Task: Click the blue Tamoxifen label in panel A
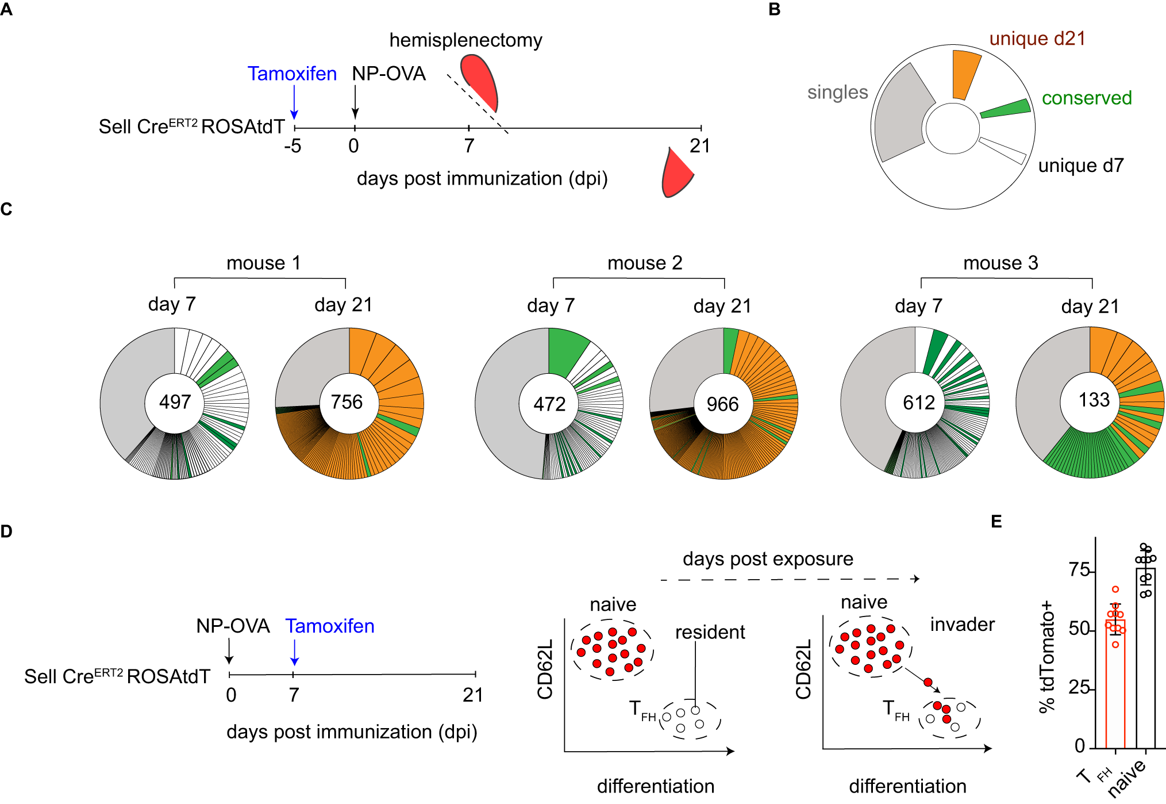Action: pyautogui.click(x=292, y=74)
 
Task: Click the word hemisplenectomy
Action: pyautogui.click(x=465, y=40)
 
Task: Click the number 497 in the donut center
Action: pyautogui.click(x=175, y=401)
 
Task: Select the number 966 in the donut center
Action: pyautogui.click(x=722, y=404)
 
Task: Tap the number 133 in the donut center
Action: pyautogui.click(x=1094, y=400)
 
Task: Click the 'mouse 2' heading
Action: pyautogui.click(x=645, y=263)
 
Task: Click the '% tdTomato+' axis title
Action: pyautogui.click(x=1047, y=656)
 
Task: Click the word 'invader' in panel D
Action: pyautogui.click(x=963, y=625)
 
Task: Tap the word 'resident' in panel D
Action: pyautogui.click(x=710, y=632)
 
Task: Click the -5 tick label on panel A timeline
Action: pyautogui.click(x=293, y=146)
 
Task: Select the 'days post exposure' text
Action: pyautogui.click(x=768, y=558)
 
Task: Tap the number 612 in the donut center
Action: pyautogui.click(x=919, y=403)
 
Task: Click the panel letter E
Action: pyautogui.click(x=996, y=522)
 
